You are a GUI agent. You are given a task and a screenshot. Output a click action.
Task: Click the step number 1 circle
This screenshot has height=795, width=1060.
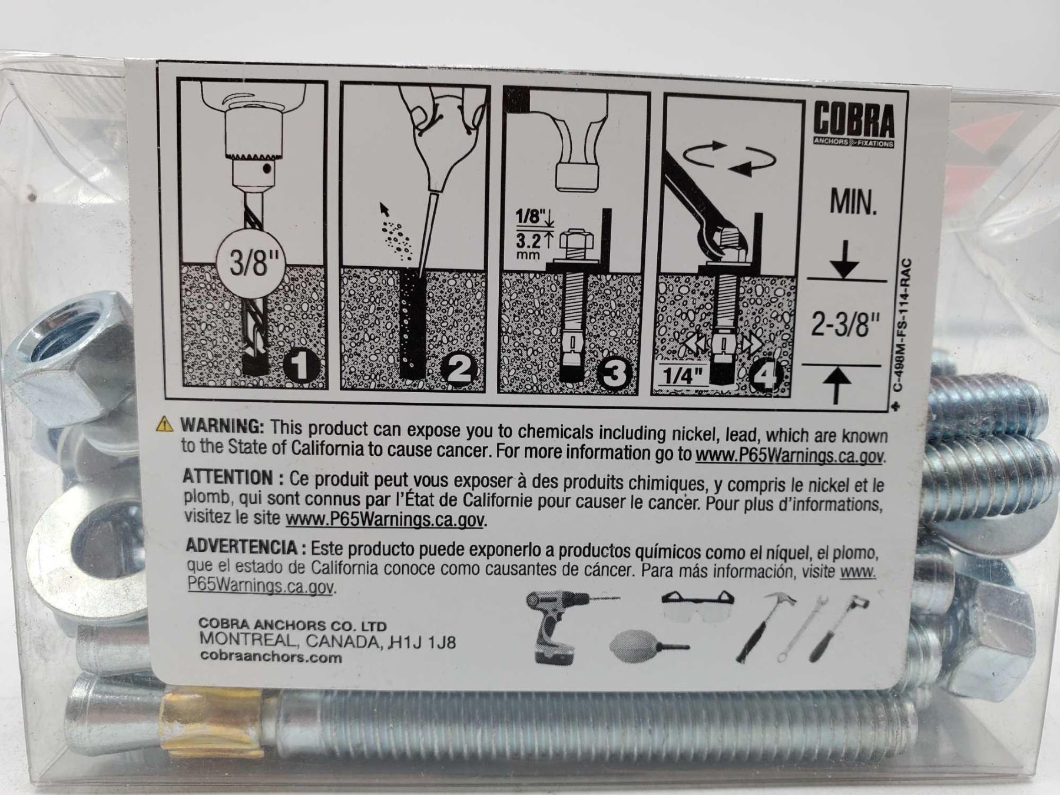301,367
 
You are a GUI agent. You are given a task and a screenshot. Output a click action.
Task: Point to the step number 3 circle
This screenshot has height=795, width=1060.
614,373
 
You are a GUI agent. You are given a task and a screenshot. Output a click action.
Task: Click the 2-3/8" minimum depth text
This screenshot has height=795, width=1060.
846,324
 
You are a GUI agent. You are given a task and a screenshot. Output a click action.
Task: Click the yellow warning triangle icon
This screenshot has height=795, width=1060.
165,423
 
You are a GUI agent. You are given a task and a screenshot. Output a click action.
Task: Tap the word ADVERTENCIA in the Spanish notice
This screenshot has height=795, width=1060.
241,546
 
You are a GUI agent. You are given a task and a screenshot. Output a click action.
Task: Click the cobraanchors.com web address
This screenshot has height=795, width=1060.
271,657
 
